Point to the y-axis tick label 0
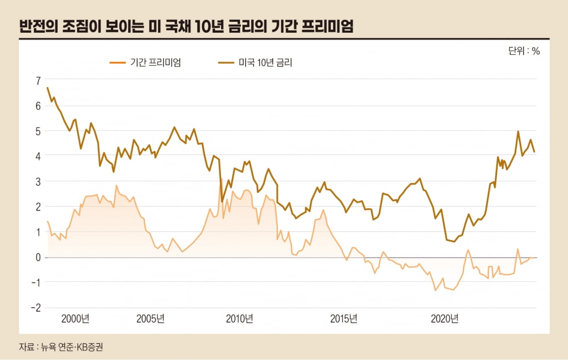[x=38, y=257]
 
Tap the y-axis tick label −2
[x=36, y=307]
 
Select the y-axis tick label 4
[x=38, y=156]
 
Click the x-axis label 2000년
[x=75, y=318]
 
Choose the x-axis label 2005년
[x=151, y=318]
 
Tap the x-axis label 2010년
[x=240, y=318]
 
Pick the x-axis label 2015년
[x=343, y=318]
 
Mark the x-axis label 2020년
[x=445, y=318]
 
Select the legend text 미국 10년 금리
[x=266, y=63]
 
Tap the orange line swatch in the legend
[x=117, y=63]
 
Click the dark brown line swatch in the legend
[x=226, y=63]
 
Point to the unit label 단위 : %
[x=524, y=51]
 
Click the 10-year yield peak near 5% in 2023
[x=518, y=132]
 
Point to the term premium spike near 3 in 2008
[x=221, y=179]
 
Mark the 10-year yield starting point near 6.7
[x=48, y=88]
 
